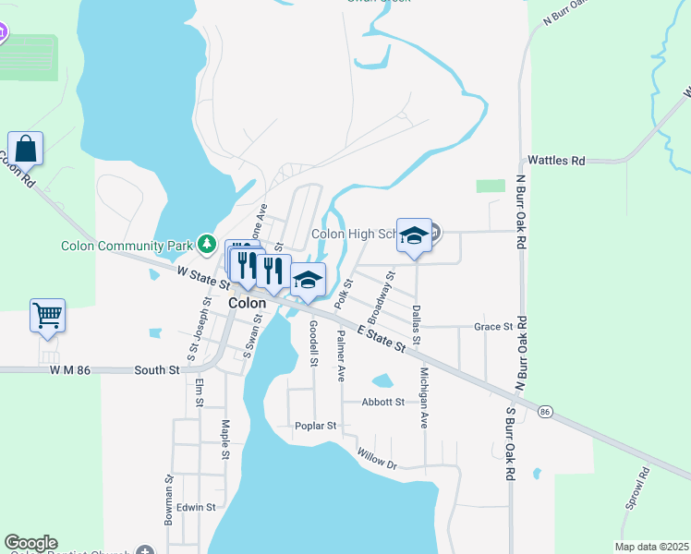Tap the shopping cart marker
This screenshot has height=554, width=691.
[x=47, y=315]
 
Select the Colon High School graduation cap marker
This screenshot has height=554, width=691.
[x=415, y=235]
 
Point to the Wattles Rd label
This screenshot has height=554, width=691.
[x=556, y=161]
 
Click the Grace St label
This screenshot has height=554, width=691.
[x=493, y=327]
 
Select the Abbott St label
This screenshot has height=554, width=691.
[x=383, y=403]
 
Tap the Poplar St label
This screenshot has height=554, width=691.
[x=316, y=426]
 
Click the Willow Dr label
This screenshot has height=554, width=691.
[x=377, y=460]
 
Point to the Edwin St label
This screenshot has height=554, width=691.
[x=196, y=507]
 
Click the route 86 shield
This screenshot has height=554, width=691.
[x=546, y=411]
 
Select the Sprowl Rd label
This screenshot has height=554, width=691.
[x=635, y=489]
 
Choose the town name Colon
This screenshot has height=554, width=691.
[x=247, y=303]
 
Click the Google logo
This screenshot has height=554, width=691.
[x=30, y=543]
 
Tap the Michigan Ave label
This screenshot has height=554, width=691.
[x=424, y=398]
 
